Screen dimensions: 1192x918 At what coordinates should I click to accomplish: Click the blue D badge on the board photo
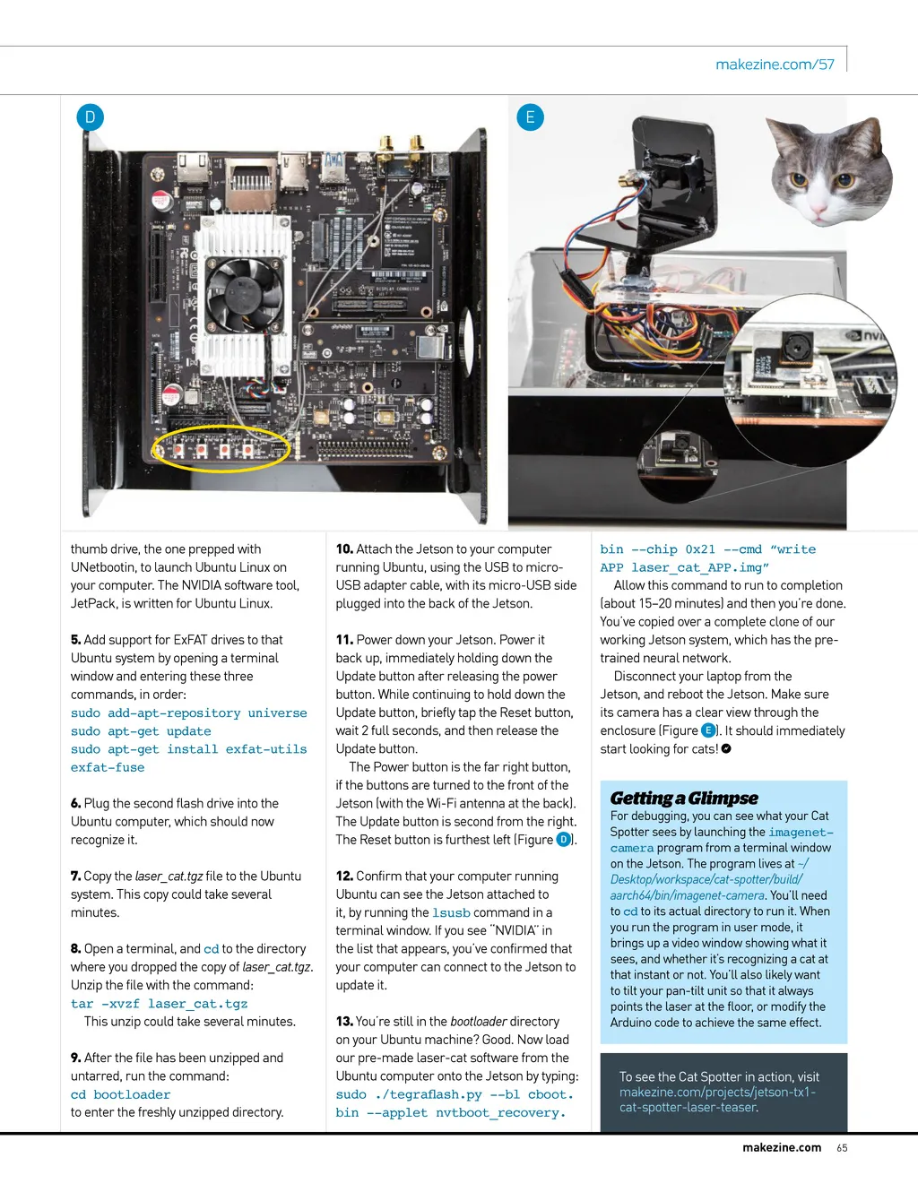point(90,117)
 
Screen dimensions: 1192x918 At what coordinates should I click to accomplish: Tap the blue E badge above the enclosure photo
point(531,117)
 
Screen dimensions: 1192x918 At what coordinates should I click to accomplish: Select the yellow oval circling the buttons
point(221,447)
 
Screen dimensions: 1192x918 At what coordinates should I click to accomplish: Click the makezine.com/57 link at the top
point(775,65)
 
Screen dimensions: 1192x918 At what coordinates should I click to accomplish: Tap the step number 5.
point(76,640)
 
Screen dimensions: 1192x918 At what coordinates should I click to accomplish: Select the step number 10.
point(344,549)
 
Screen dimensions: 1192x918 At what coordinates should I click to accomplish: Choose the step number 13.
point(344,1022)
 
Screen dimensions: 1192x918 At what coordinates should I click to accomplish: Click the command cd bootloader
point(120,1094)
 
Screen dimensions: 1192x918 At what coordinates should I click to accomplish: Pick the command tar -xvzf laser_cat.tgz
point(159,1004)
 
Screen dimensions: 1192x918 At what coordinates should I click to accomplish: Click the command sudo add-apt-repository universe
point(188,713)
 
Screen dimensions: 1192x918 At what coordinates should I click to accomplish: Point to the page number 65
point(842,1148)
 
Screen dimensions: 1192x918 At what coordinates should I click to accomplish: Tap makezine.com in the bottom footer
point(782,1148)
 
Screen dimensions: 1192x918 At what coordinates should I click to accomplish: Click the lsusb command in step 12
point(451,913)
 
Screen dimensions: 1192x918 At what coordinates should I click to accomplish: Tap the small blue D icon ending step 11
point(564,840)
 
